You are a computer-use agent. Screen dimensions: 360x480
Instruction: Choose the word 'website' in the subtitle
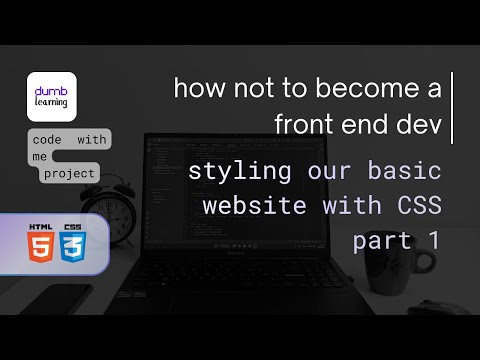click(245, 207)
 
